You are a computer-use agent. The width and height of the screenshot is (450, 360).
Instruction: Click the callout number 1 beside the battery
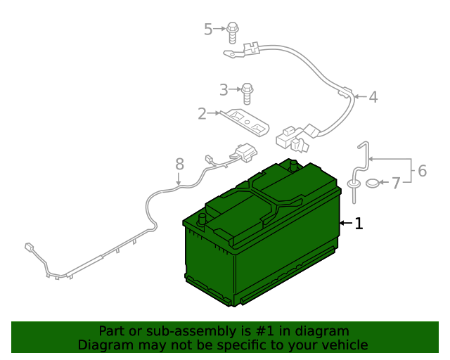(x=359, y=224)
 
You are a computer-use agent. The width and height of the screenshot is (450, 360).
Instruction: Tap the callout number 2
(x=202, y=114)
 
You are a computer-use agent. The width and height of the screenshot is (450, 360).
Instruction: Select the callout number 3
(x=224, y=90)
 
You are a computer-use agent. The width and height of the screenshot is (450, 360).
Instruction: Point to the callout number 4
(x=373, y=97)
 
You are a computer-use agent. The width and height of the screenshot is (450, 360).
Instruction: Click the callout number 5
(x=208, y=30)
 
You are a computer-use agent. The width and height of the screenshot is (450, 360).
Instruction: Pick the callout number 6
(x=422, y=171)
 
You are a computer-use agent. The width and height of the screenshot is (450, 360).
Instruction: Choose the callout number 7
(x=396, y=183)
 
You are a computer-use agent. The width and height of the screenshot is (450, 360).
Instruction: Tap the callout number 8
(x=179, y=165)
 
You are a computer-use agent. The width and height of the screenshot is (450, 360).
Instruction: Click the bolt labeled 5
(x=233, y=32)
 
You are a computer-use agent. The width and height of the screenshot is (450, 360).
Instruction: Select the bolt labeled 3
(x=247, y=94)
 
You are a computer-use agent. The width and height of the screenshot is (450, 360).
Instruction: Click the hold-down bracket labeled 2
(x=245, y=122)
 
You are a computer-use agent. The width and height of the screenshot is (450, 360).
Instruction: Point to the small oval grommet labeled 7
(x=373, y=183)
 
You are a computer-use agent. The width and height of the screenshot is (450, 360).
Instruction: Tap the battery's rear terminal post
(x=293, y=166)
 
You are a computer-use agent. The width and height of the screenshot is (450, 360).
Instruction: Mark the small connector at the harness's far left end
(x=29, y=247)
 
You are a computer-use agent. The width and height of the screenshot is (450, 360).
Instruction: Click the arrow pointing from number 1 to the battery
(x=346, y=223)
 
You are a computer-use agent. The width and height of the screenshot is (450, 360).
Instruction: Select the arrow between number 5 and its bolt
(x=220, y=29)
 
